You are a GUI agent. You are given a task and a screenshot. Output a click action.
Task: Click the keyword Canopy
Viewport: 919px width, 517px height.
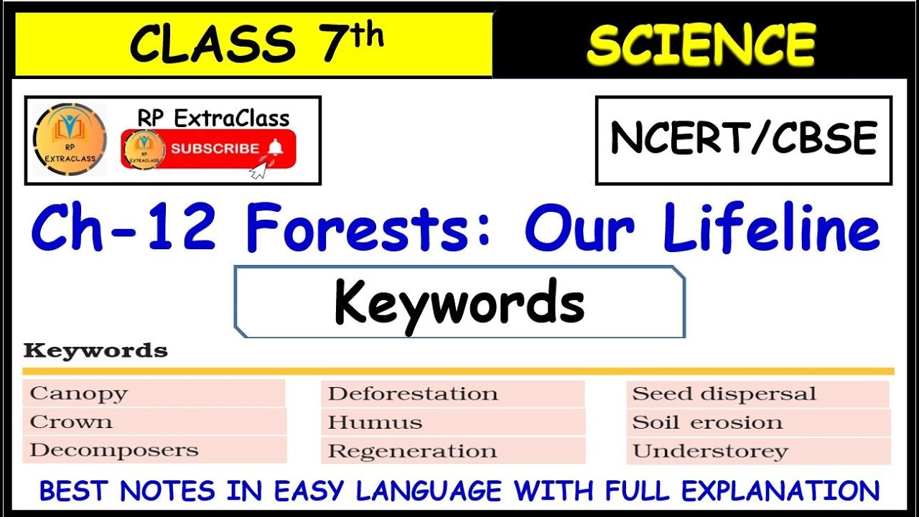pos(79,393)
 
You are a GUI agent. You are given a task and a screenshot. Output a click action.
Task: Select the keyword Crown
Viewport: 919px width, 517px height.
pos(71,422)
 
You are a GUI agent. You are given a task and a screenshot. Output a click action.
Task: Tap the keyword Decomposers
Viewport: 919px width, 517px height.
pos(114,451)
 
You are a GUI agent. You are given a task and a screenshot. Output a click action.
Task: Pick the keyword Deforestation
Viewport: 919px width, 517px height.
pos(413,394)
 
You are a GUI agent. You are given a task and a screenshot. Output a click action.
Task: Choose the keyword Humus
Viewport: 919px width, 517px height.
pos(375,423)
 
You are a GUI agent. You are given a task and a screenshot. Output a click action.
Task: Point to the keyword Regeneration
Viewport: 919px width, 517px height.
pos(412,452)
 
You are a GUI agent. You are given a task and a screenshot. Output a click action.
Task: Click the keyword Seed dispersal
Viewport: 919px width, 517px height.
pos(724,394)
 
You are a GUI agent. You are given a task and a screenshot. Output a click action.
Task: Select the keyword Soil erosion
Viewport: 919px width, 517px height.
pos(707,423)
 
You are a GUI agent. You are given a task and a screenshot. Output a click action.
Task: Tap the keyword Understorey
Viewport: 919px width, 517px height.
pos(710,452)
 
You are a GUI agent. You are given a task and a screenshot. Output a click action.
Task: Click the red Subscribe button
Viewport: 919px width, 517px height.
pos(208,149)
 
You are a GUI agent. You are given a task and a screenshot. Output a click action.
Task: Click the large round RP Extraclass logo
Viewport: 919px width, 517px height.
pos(70,139)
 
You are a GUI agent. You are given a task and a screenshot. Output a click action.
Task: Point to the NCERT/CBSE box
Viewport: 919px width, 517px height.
pos(743,139)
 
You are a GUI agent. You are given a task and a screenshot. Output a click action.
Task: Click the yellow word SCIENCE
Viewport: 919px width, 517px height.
pos(701,45)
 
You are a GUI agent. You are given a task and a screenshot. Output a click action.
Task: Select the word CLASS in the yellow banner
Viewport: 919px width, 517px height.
pos(212,45)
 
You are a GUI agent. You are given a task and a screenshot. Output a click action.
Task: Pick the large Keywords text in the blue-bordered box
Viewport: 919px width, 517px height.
pos(459,302)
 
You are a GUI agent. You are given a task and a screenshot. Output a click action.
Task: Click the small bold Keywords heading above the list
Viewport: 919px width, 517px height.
pos(95,351)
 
